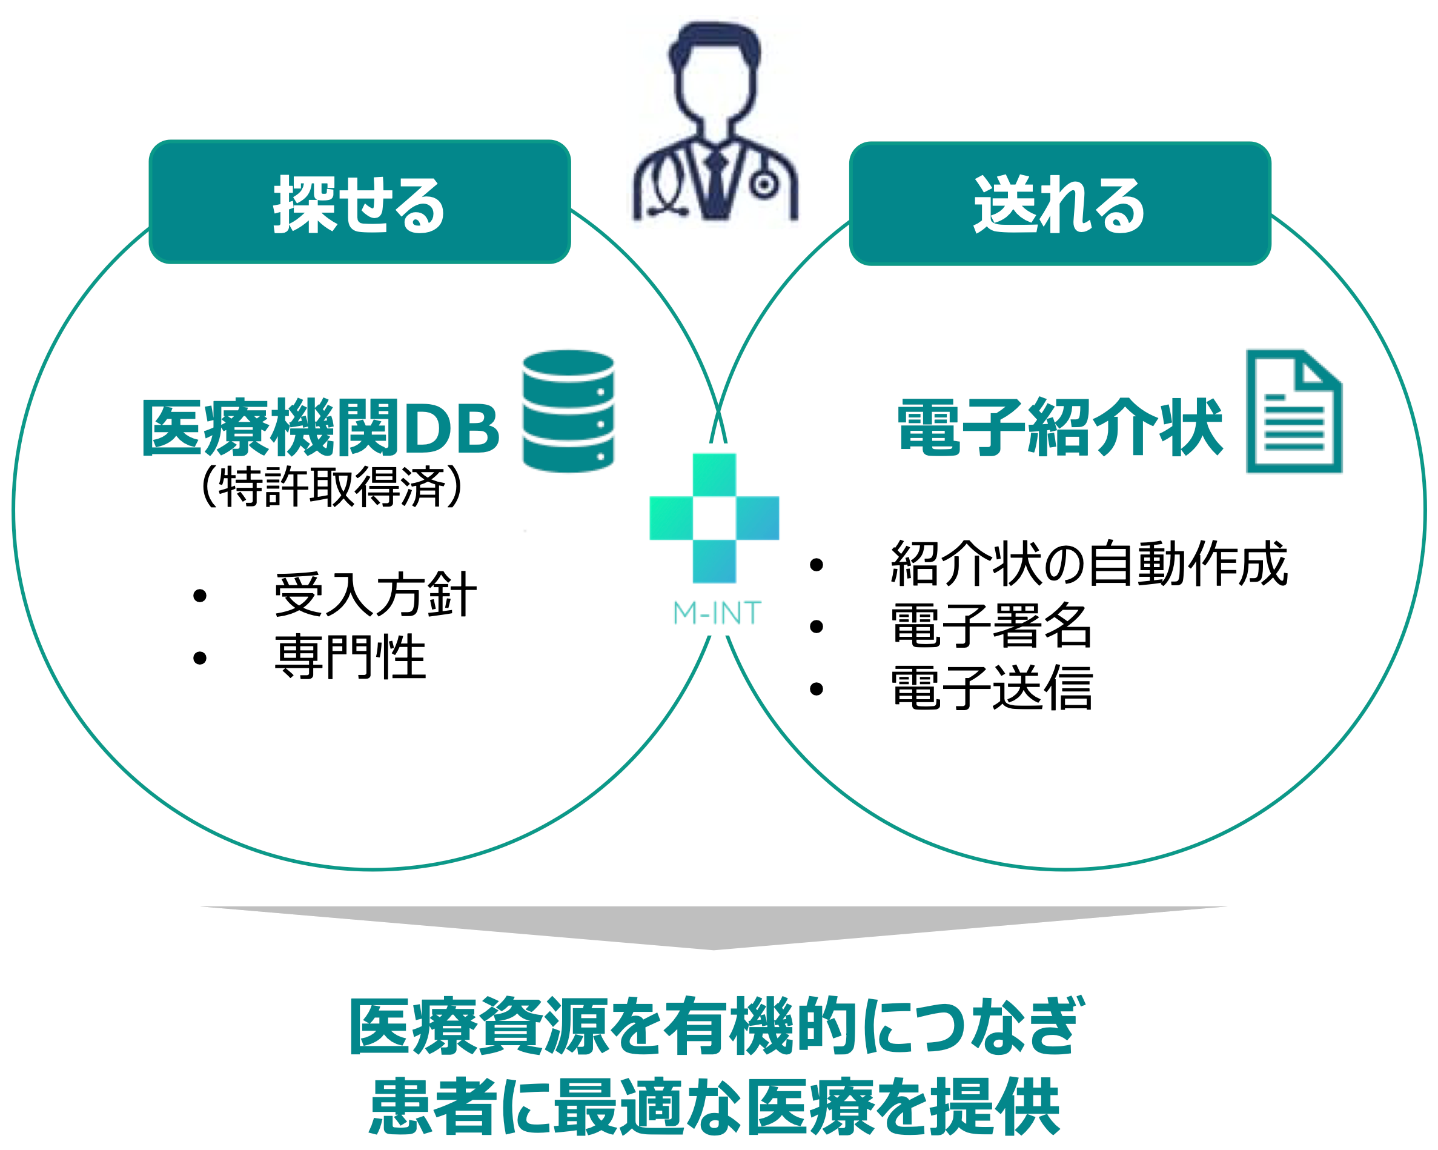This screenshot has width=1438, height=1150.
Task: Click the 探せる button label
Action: (x=359, y=205)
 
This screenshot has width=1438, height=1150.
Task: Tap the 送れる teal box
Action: (x=1060, y=204)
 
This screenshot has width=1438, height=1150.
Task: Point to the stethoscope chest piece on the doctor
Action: (x=764, y=185)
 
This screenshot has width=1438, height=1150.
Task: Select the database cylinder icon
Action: (x=568, y=411)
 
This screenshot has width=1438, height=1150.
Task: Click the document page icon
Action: (x=1294, y=411)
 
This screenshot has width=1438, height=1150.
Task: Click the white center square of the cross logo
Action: (x=714, y=518)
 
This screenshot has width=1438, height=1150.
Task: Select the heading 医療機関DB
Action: (x=320, y=428)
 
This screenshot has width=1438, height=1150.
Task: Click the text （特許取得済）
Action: (x=331, y=487)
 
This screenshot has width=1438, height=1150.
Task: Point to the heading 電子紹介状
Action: (x=1060, y=428)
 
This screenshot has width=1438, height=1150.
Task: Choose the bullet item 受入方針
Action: (x=376, y=594)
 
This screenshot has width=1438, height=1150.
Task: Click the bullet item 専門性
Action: (x=350, y=657)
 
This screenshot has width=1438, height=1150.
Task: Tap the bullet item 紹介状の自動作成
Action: (x=1088, y=563)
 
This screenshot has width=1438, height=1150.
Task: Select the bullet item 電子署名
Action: (x=991, y=626)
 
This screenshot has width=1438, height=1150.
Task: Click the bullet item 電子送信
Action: (x=991, y=688)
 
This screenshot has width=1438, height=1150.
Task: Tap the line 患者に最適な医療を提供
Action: (x=715, y=1106)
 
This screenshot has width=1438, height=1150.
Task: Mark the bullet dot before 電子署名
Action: (x=817, y=627)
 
